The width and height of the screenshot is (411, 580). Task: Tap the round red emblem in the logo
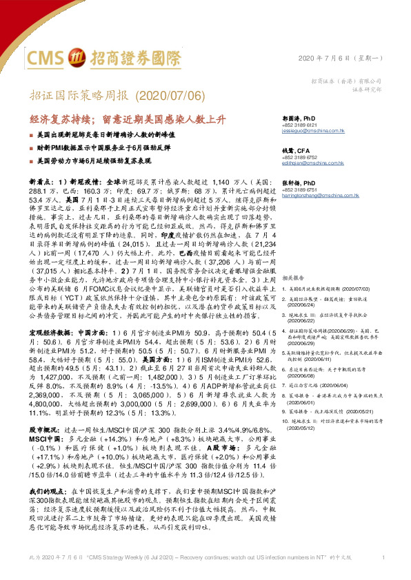[x=78, y=56]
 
